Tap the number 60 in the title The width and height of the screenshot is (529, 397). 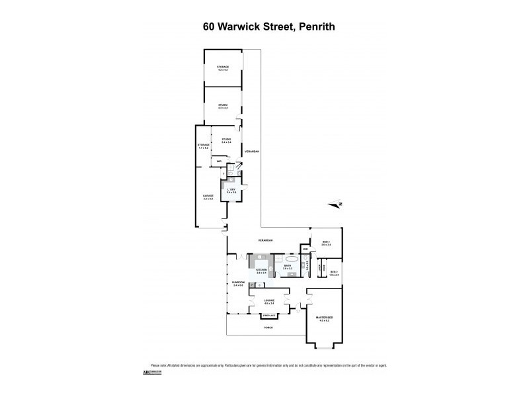209,28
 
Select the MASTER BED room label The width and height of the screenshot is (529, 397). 324,319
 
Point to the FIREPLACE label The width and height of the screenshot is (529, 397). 268,316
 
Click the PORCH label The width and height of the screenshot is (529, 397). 268,327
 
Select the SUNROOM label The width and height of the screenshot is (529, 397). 238,284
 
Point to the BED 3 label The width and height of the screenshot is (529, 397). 325,243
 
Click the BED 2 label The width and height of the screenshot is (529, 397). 334,272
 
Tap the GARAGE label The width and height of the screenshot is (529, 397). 208,197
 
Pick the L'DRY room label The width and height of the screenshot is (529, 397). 231,191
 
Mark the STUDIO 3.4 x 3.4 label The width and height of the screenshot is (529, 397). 226,141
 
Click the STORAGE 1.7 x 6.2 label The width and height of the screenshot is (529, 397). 203,146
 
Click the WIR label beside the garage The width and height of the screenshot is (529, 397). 218,161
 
